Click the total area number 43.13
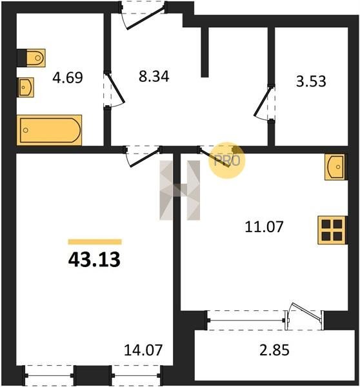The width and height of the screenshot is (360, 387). (94, 259)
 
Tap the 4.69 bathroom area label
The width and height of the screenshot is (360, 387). (68, 77)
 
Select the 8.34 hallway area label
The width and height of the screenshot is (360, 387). (154, 76)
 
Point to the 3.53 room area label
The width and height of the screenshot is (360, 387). (311, 81)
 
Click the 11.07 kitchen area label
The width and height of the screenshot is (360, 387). (264, 227)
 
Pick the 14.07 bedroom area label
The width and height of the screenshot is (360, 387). (143, 350)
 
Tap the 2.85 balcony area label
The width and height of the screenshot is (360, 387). (274, 350)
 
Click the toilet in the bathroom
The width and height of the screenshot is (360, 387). (32, 58)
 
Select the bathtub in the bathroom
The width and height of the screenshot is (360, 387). (50, 130)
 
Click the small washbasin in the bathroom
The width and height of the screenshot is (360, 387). (25, 87)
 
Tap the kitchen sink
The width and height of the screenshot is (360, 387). (335, 167)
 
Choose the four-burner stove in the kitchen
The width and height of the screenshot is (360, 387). (332, 230)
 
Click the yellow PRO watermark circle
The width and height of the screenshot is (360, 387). (227, 161)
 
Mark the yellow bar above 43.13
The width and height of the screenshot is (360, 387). (95, 242)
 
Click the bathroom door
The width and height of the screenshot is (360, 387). (114, 90)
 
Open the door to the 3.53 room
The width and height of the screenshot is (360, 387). (265, 103)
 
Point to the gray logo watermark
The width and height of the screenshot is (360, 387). (180, 190)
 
